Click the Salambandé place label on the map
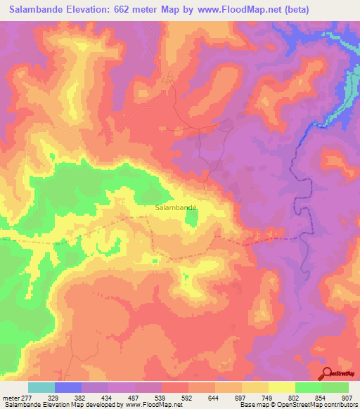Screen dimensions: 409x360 click(x=175, y=208)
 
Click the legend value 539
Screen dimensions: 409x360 click(x=160, y=397)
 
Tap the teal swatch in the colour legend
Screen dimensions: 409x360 click(x=41, y=387)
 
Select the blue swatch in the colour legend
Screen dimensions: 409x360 click(x=68, y=387)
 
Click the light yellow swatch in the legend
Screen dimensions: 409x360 click(x=282, y=387)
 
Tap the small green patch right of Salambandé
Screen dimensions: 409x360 click(x=191, y=221)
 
